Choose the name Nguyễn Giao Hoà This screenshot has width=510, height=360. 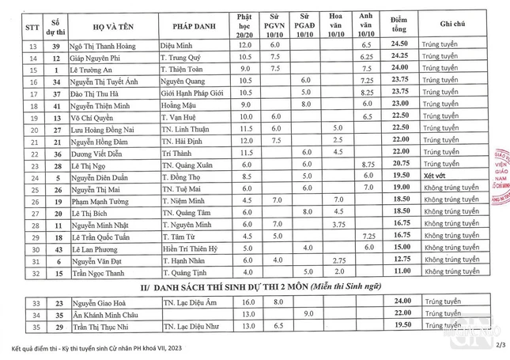100,301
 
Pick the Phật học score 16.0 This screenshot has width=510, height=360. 247,301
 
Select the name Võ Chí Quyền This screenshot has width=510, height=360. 94,117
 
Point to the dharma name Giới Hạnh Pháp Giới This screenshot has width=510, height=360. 201,93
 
